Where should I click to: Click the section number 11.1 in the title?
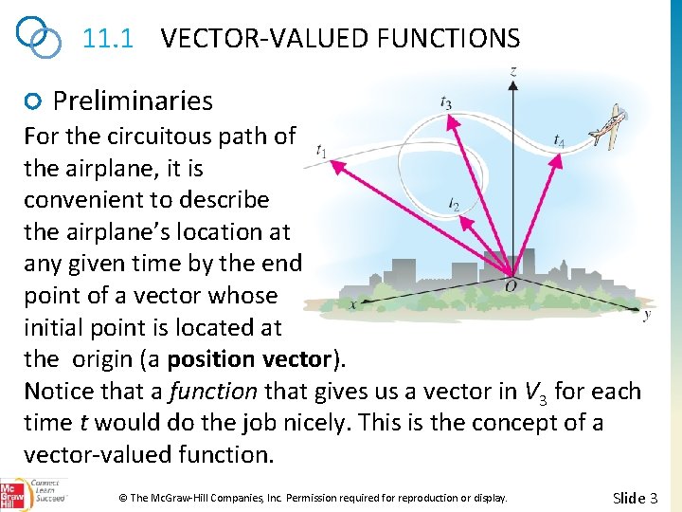(x=106, y=39)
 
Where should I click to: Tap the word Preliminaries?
(x=133, y=101)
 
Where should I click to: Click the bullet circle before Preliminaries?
(x=34, y=101)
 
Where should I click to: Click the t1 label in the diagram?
(x=322, y=151)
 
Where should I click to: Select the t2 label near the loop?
(x=456, y=203)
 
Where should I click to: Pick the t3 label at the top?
(x=446, y=102)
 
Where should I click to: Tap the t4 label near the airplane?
(x=560, y=141)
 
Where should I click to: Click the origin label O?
(x=511, y=285)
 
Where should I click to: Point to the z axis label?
(x=513, y=70)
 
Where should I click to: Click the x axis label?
(x=352, y=304)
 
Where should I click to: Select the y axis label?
(x=647, y=315)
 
